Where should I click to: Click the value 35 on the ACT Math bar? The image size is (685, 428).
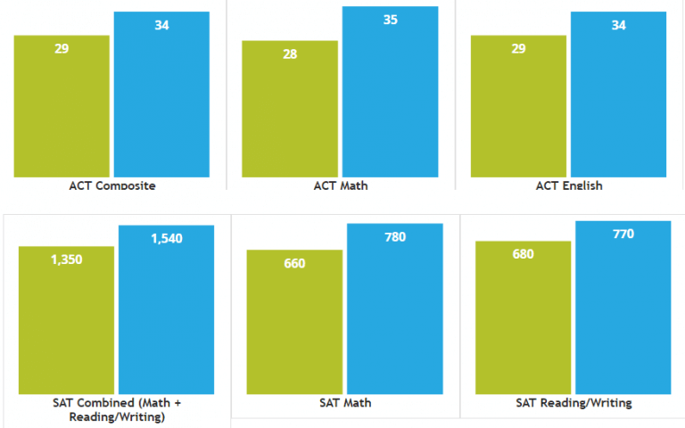click(390, 20)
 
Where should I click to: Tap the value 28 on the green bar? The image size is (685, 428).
click(290, 54)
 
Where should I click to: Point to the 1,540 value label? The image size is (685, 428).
click(166, 239)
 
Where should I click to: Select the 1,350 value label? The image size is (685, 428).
click(66, 259)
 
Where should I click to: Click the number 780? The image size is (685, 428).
click(394, 237)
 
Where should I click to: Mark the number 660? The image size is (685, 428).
click(294, 264)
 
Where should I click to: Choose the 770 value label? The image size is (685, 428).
click(623, 235)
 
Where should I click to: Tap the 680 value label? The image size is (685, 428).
click(523, 255)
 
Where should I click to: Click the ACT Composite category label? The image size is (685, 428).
click(112, 185)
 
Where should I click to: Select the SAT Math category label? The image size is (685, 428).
click(344, 403)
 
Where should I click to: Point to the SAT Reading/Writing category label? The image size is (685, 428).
click(574, 403)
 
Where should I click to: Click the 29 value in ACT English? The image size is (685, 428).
click(518, 49)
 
